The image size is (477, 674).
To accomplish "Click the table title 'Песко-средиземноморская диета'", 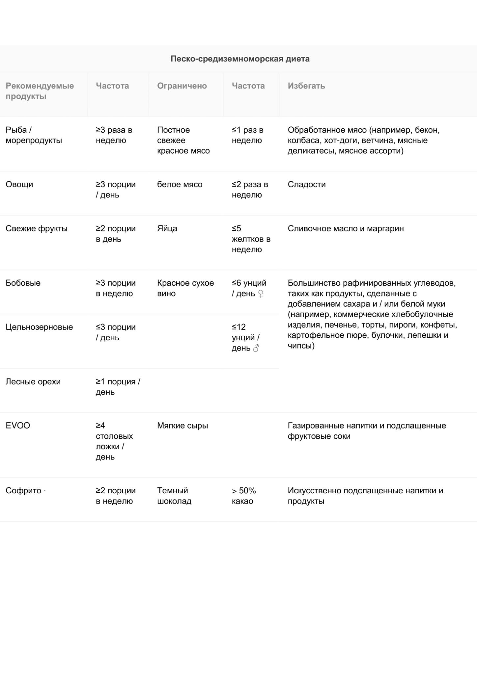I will point(240,59).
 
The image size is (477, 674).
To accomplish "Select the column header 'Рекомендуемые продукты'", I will point(40,91).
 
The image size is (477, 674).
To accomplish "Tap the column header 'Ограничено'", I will point(182,86).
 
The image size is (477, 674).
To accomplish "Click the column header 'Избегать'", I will point(306,86).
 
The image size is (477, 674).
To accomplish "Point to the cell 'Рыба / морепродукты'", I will point(34,135).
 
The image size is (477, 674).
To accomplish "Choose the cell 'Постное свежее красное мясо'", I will point(183,140).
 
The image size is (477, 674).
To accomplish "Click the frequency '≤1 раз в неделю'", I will point(247,135).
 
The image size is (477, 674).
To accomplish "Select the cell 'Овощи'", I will point(19,184).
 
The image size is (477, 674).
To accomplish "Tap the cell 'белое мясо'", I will point(180,184).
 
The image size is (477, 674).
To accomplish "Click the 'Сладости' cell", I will point(307,184).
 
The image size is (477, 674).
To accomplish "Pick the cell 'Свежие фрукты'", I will point(37,228).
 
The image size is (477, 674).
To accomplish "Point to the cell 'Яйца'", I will point(167,228).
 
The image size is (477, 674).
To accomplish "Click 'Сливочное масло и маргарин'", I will point(346,228).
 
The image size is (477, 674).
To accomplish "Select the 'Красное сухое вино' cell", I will point(185,288).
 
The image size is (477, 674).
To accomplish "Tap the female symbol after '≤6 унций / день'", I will point(261,294).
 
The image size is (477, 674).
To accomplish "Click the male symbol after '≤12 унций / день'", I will point(256,348).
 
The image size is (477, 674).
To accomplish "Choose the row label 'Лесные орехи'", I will point(33,382).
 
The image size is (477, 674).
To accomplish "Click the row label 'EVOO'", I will point(18,426).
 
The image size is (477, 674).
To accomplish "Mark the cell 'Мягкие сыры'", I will point(182,426).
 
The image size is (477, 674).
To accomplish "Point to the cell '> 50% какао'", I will point(244,496).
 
